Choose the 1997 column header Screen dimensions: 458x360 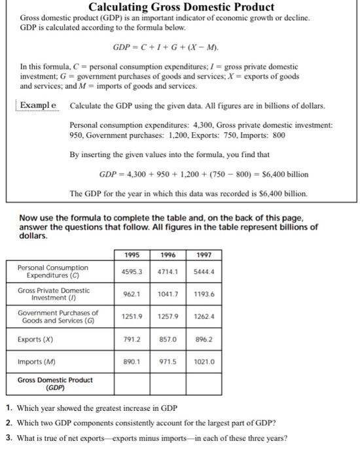click(204, 255)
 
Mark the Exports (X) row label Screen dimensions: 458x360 click(36, 340)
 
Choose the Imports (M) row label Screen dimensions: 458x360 click(36, 362)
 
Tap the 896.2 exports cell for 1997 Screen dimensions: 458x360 click(204, 340)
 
